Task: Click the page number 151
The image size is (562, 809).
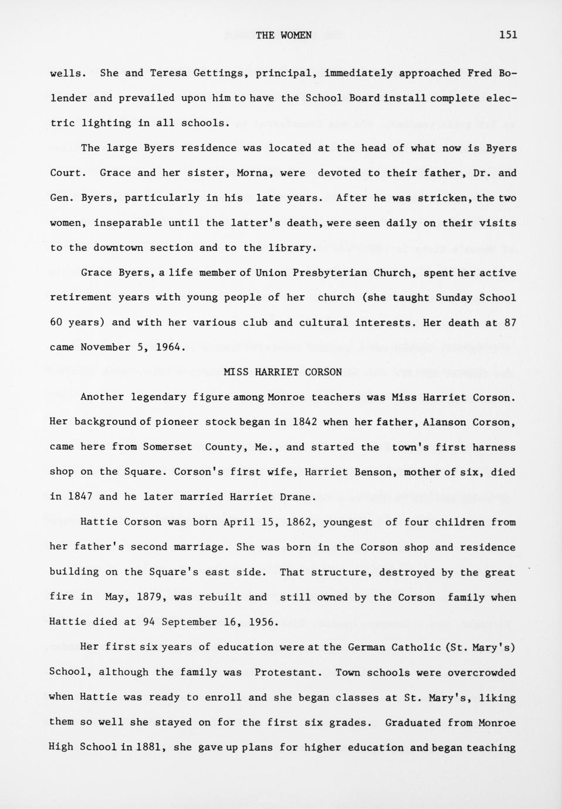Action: pyautogui.click(x=508, y=35)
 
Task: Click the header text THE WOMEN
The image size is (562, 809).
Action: pyautogui.click(x=283, y=35)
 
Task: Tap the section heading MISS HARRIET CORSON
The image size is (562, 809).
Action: pyautogui.click(x=283, y=372)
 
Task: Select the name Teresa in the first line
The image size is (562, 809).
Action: pyautogui.click(x=168, y=73)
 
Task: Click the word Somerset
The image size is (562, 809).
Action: pyautogui.click(x=168, y=447)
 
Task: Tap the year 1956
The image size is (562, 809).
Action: pyautogui.click(x=262, y=622)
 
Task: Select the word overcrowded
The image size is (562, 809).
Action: pyautogui.click(x=482, y=672)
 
